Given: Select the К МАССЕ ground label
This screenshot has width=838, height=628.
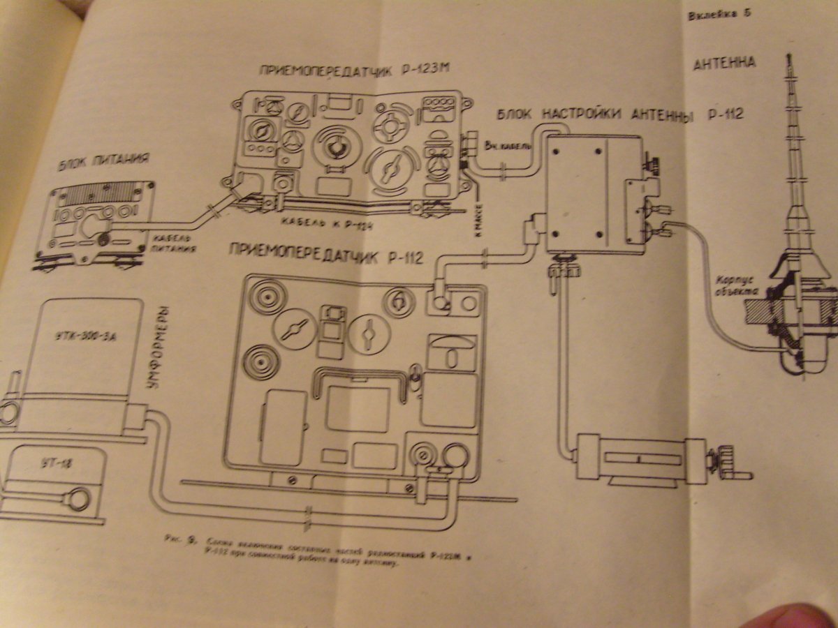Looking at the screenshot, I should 477,207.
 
